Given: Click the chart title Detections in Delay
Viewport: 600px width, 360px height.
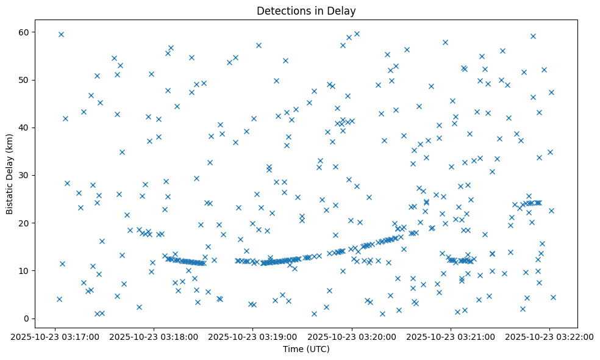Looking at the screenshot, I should [306, 11].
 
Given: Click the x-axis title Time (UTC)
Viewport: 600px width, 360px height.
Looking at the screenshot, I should [306, 349].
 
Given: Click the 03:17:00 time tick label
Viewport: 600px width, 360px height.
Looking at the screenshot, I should [55, 336].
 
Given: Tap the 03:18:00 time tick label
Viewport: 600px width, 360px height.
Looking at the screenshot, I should [154, 336].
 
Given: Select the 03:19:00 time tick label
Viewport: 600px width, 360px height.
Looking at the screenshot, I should [253, 336].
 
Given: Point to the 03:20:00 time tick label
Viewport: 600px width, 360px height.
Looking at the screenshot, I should [352, 336].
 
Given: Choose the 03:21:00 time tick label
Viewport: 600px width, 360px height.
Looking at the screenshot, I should [451, 336].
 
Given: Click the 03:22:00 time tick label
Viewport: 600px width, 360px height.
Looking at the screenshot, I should [550, 336].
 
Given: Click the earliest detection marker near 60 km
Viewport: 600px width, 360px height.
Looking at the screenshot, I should [61, 34].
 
